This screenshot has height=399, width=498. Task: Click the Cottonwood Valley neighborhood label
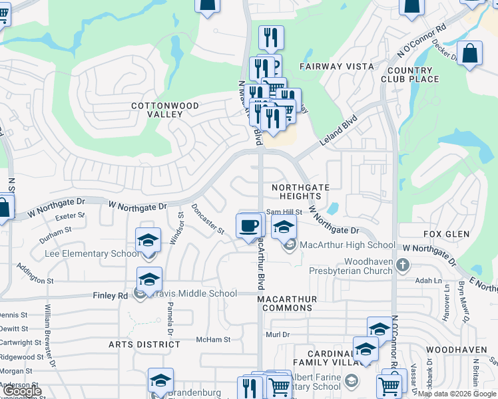coord(165,110)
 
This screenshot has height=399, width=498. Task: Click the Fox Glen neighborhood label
coord(446,234)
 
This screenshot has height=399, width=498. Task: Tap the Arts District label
coord(135,344)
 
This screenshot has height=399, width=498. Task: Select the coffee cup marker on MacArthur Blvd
coord(249,225)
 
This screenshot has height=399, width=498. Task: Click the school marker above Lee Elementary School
coord(148,240)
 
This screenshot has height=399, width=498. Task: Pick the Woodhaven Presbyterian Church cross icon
coord(401,266)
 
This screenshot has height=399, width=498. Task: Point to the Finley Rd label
coord(110,295)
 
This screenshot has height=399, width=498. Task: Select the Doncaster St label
coord(208,218)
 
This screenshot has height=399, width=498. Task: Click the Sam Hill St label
coord(284,212)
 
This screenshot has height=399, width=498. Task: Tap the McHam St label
coord(213,339)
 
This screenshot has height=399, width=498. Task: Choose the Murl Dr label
coord(278,334)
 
